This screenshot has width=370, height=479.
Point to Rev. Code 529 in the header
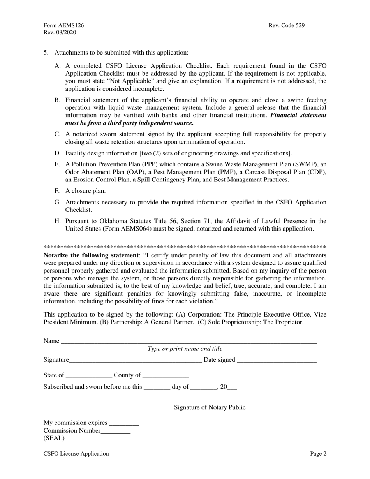[287, 25]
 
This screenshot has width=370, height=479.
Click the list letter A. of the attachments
[58, 66]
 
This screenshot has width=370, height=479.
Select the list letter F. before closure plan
[57, 191]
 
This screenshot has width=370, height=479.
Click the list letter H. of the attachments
[58, 221]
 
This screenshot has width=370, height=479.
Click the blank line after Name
[189, 342]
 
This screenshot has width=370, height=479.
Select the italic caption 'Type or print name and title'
[185, 349]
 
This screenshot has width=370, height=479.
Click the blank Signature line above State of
[136, 361]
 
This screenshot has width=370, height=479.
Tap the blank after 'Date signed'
[277, 361]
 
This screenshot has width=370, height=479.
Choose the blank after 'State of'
[89, 376]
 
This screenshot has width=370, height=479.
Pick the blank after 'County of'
[166, 376]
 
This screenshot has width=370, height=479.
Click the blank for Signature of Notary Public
[277, 409]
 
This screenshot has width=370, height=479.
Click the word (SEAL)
[54, 438]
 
